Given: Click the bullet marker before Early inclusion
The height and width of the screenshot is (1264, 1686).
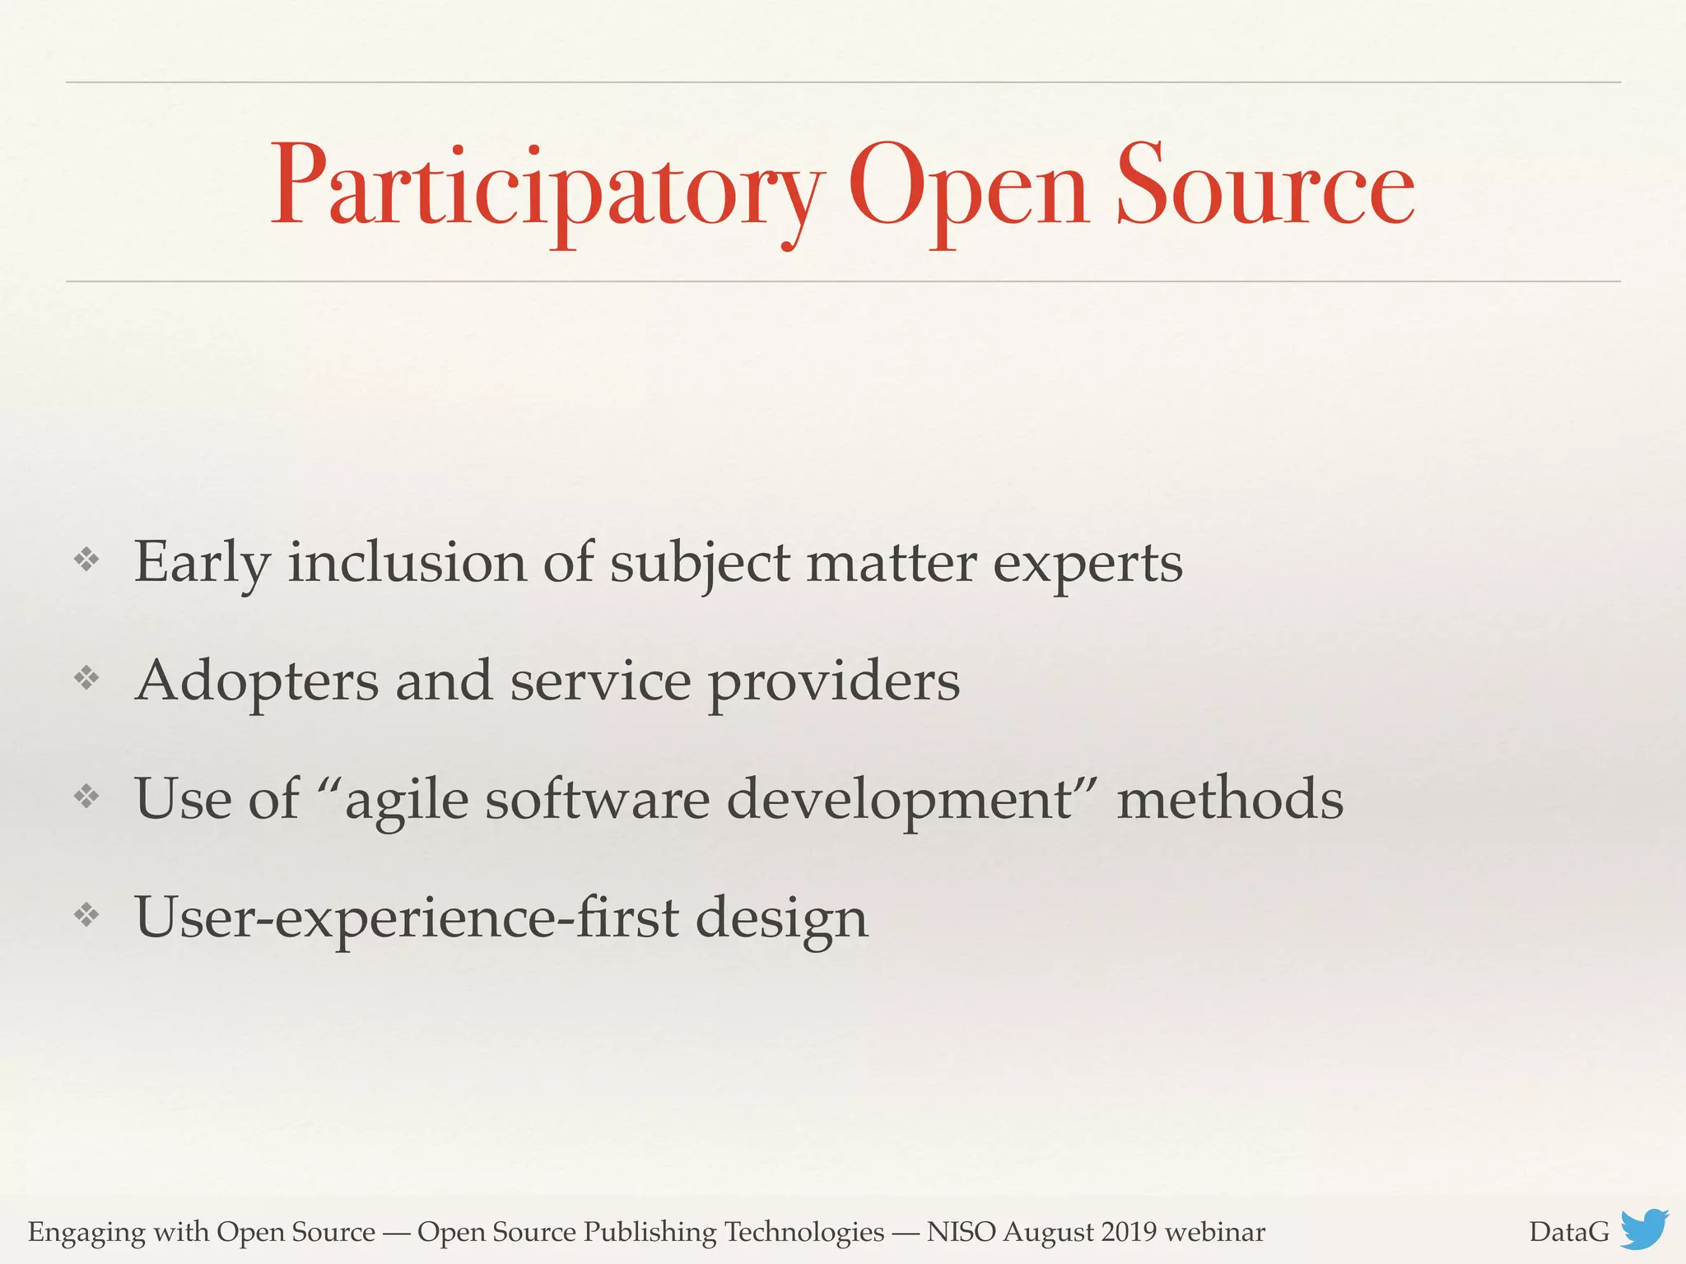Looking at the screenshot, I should pos(86,560).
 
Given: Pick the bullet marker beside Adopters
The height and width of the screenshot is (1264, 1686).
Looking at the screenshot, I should pos(86,679).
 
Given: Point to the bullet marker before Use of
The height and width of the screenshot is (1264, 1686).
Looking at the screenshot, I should pos(86,797).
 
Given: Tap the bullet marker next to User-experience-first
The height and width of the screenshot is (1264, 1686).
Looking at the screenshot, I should pos(86,915).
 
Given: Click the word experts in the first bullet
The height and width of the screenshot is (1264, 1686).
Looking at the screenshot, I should pos(1088,565).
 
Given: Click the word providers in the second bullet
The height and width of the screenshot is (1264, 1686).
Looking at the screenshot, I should pos(834,683).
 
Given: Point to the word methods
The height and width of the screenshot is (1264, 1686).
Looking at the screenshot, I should pos(1230,800).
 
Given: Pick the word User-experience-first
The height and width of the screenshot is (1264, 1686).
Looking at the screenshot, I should pos(408,918).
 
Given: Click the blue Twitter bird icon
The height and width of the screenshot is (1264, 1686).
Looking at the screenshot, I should pos(1644,1229).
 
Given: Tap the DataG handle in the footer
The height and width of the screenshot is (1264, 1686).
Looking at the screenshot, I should pos(1568,1232).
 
